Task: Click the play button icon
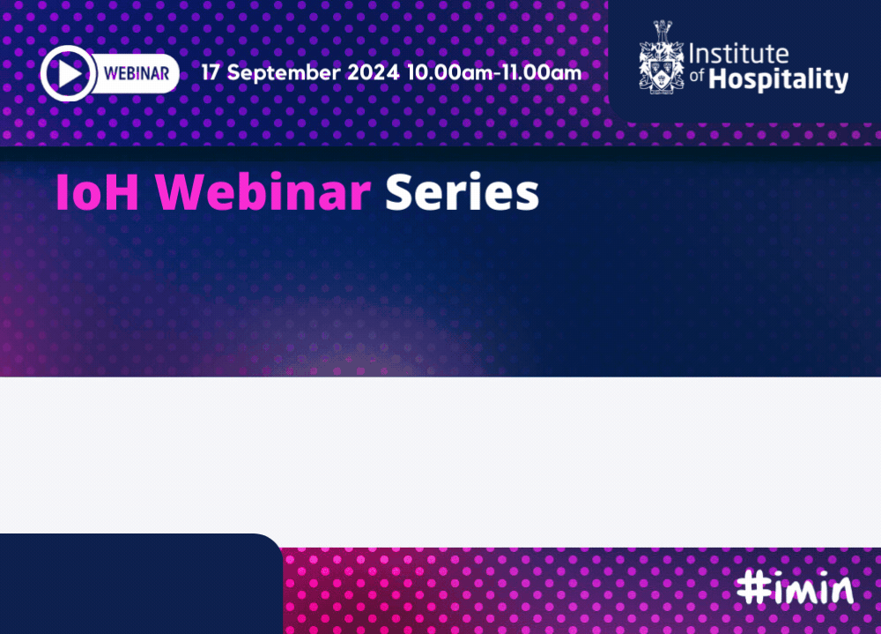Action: click(x=68, y=73)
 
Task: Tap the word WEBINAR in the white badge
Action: click(x=137, y=74)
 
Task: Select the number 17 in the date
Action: click(x=211, y=72)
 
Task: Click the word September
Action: click(x=284, y=74)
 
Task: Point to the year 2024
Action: click(x=373, y=72)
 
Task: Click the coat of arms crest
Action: click(x=662, y=57)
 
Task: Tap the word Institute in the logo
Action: click(x=739, y=54)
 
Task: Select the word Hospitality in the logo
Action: click(x=778, y=80)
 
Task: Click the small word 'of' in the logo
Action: click(x=697, y=75)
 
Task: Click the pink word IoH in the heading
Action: click(x=97, y=192)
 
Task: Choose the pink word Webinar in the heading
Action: click(x=263, y=192)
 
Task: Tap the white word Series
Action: click(x=462, y=192)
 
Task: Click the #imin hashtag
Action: click(x=795, y=588)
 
